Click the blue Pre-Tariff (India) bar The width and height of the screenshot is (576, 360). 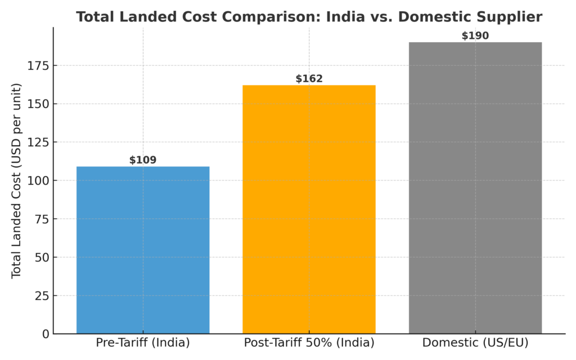pos(143,250)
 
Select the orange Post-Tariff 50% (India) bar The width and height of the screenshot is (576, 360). pos(309,209)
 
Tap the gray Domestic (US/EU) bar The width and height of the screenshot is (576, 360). pos(475,188)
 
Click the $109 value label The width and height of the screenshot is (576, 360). pos(143,160)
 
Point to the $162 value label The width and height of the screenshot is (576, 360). pos(309,79)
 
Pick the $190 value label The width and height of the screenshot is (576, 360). pos(475,36)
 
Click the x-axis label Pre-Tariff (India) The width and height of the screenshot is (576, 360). pos(143,343)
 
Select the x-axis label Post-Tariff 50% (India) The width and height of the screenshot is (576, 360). pos(309,343)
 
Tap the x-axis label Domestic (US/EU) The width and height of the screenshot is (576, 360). pos(475,343)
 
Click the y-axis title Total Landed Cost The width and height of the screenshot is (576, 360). pos(16,180)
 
